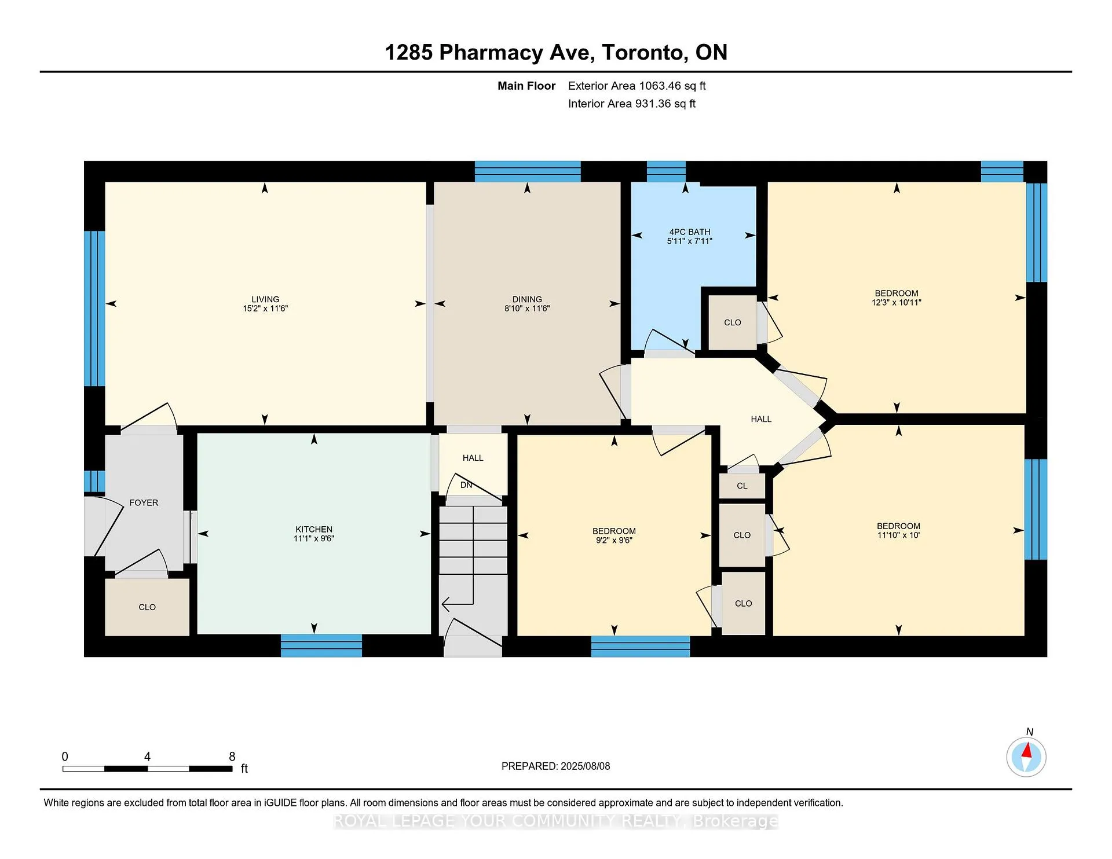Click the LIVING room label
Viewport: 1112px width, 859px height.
(x=265, y=299)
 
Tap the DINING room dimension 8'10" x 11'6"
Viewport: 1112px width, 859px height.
(x=527, y=309)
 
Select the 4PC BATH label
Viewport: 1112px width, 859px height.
(x=690, y=232)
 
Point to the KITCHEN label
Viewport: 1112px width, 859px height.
(x=314, y=529)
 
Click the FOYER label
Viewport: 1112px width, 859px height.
(x=144, y=502)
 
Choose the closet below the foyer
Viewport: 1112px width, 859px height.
(x=147, y=607)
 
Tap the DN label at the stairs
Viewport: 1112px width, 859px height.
(x=466, y=485)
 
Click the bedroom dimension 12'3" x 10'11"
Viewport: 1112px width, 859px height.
(x=897, y=302)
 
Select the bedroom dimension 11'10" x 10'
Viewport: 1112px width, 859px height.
(x=898, y=535)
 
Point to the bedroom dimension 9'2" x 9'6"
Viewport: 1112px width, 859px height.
(x=614, y=540)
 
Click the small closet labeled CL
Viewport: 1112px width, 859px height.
(x=742, y=486)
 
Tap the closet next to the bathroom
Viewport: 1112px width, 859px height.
(x=733, y=322)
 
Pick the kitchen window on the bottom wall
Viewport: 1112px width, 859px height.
(x=321, y=645)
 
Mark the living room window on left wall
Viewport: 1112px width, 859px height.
(x=94, y=309)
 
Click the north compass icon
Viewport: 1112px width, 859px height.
(x=1026, y=757)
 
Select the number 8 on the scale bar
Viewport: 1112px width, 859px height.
(x=232, y=757)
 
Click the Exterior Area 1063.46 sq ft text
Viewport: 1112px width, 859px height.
(x=637, y=86)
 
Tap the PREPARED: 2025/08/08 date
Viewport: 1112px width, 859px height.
(x=555, y=766)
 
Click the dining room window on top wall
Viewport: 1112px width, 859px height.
(x=528, y=172)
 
